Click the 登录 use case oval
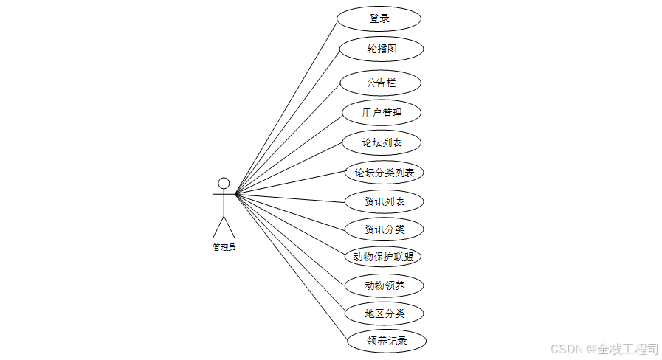pyautogui.click(x=379, y=18)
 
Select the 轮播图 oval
pyautogui.click(x=382, y=49)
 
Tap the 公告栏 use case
pyautogui.click(x=381, y=83)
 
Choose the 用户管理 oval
pyautogui.click(x=382, y=113)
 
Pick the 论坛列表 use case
pyautogui.click(x=382, y=142)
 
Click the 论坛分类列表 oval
pyautogui.click(x=384, y=173)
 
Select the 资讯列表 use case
pyautogui.click(x=384, y=201)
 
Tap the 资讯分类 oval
pyautogui.click(x=385, y=229)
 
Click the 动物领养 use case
pyautogui.click(x=385, y=285)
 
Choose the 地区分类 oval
pyautogui.click(x=385, y=314)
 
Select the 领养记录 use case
pyautogui.click(x=387, y=341)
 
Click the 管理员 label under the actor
pyautogui.click(x=224, y=247)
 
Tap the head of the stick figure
pyautogui.click(x=224, y=183)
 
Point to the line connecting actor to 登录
pyautogui.click(x=286, y=108)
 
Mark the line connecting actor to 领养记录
pyautogui.click(x=292, y=267)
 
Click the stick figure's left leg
pyautogui.click(x=218, y=227)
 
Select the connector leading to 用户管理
pyautogui.click(x=289, y=153)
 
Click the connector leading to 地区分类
pyautogui.click(x=290, y=253)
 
